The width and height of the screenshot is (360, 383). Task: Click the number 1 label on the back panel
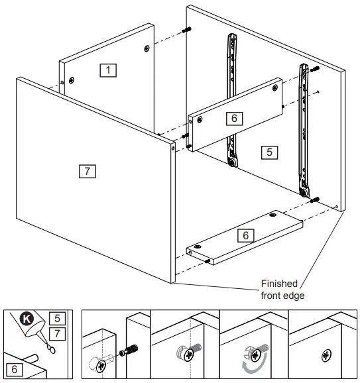(x=108, y=70)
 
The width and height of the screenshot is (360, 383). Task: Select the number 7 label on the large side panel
(x=88, y=171)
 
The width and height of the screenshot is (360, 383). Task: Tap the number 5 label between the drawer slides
(x=269, y=152)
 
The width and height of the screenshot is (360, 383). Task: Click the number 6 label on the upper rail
(x=235, y=119)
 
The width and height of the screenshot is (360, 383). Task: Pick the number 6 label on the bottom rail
(x=245, y=235)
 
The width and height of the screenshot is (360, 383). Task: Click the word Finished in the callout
(x=279, y=284)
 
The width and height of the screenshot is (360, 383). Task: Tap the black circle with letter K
(x=27, y=319)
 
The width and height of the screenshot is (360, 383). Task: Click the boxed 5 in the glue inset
(x=57, y=318)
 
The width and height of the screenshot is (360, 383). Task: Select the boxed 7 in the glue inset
(x=57, y=334)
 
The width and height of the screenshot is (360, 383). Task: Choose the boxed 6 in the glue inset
(x=15, y=369)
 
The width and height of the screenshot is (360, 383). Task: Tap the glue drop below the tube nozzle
(x=51, y=349)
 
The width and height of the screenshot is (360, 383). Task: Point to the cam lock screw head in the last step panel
(x=326, y=355)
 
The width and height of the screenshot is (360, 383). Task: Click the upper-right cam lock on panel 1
(x=147, y=48)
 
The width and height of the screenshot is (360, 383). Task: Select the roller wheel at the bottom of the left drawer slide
(x=232, y=162)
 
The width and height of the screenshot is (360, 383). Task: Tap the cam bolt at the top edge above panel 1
(x=186, y=30)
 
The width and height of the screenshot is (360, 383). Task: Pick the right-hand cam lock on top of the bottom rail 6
(x=272, y=215)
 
